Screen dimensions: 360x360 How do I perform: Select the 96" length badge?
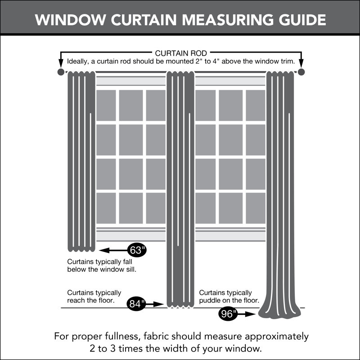coord(229,314)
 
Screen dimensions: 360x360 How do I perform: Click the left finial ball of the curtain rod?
coord(61,72)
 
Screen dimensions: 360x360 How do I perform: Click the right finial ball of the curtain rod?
coord(301,72)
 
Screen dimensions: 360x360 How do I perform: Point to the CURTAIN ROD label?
coord(181,54)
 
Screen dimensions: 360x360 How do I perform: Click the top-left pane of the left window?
coord(106,105)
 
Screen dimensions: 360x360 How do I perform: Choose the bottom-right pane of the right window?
coord(255,208)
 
